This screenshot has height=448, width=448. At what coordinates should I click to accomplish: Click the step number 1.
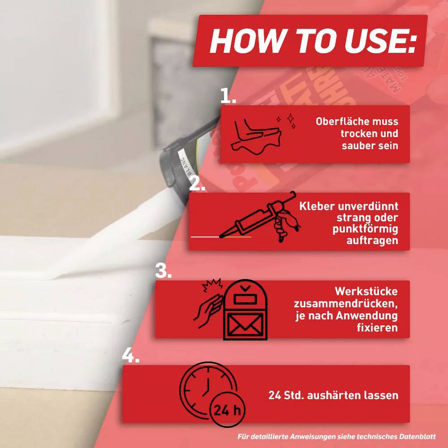click(x=228, y=96)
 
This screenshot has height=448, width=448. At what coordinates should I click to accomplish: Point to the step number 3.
click(x=164, y=271)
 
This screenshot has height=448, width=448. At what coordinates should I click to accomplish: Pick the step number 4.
click(x=130, y=355)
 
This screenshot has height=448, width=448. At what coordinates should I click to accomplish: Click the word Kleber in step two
click(x=316, y=206)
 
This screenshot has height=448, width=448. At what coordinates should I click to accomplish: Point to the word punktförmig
click(x=365, y=229)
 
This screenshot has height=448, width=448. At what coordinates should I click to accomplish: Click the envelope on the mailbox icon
click(x=245, y=324)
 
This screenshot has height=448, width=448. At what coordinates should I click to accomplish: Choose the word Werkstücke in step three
click(x=366, y=292)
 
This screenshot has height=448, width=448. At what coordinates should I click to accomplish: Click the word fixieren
click(x=377, y=327)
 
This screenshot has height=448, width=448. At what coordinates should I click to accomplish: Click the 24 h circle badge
click(x=228, y=410)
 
